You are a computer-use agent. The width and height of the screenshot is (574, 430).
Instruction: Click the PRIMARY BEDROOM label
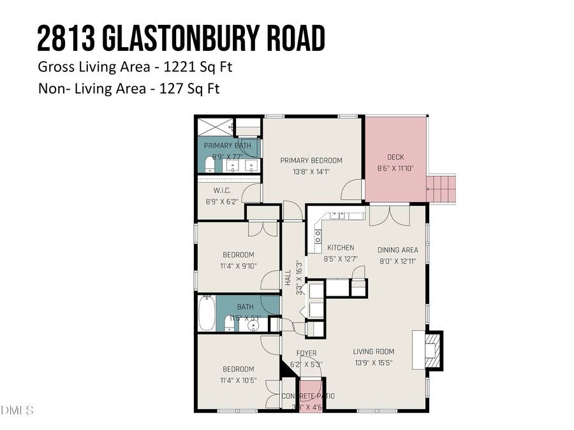pos(311,161)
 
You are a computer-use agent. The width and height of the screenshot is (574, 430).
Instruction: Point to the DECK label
pos(395,157)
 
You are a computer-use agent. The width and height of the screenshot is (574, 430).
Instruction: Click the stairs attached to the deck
pos(442,189)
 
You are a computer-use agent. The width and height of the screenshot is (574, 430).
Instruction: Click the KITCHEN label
pos(341,248)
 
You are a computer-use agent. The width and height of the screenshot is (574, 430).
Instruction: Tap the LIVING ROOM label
pos(374,351)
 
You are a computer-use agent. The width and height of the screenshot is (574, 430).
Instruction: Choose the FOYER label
pos(307,354)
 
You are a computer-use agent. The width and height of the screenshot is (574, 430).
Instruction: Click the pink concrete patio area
pos(310,391)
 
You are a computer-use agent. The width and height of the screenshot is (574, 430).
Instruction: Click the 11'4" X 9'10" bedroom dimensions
pos(239,267)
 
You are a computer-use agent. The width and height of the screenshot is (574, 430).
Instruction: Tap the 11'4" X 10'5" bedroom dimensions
pos(239,380)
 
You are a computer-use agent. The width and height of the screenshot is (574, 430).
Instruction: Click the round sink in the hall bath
pos(254,326)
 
